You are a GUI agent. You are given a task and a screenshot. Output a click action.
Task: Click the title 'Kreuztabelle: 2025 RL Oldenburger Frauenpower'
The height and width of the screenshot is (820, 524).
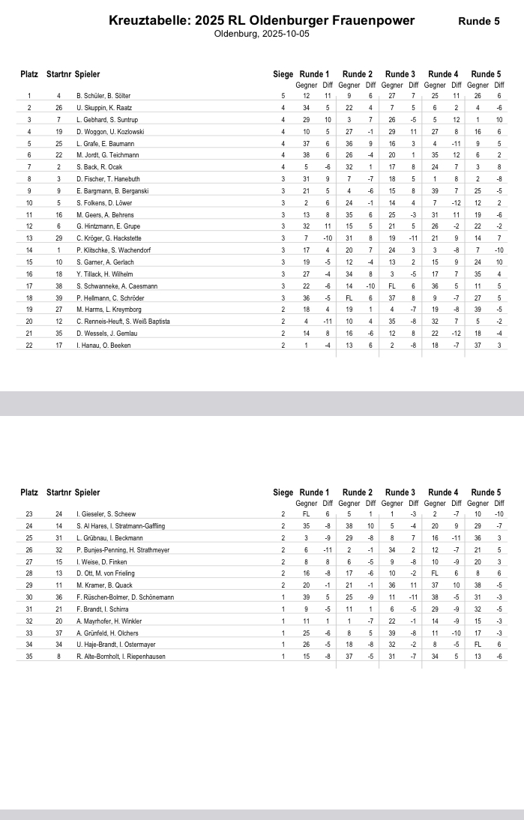coord(261,20)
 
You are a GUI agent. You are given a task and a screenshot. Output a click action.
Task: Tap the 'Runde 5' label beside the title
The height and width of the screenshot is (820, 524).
coord(478,21)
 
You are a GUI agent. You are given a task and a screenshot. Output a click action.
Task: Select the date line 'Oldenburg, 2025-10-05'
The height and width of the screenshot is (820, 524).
coord(261,34)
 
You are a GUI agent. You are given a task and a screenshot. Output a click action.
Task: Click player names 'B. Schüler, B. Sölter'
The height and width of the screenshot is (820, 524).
coord(103,96)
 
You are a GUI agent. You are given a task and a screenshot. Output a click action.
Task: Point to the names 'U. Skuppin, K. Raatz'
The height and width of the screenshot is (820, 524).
coord(104,108)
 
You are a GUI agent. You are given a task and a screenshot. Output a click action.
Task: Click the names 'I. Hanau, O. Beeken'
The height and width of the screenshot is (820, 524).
coord(102,345)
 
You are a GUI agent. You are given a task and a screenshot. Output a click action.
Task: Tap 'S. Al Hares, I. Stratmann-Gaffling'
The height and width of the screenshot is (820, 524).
coord(120,526)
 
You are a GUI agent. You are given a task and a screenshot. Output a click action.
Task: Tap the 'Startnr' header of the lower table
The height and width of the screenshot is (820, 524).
coord(59,492)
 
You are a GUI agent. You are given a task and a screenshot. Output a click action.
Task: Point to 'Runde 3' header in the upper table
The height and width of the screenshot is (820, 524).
coord(400,74)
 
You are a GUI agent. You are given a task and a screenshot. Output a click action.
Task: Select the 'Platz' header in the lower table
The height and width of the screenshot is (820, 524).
coord(29,492)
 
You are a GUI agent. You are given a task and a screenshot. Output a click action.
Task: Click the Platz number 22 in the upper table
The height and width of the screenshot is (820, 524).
coord(29,345)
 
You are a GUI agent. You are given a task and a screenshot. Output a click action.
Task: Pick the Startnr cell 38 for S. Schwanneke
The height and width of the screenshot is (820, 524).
coord(58,286)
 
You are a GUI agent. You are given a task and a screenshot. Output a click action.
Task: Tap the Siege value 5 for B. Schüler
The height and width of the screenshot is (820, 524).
coord(283,96)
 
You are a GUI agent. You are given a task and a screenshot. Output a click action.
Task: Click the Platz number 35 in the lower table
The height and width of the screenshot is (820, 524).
coord(29,656)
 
